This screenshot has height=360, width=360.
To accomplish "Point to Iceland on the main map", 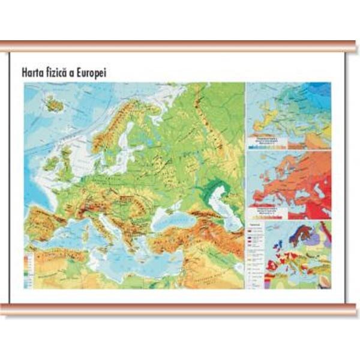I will tap(55, 105).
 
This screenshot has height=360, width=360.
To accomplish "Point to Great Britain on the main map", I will tap(65, 159).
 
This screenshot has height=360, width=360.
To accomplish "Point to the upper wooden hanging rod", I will tap(180, 47).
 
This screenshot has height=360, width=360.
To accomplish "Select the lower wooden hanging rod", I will tap(180, 308).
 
